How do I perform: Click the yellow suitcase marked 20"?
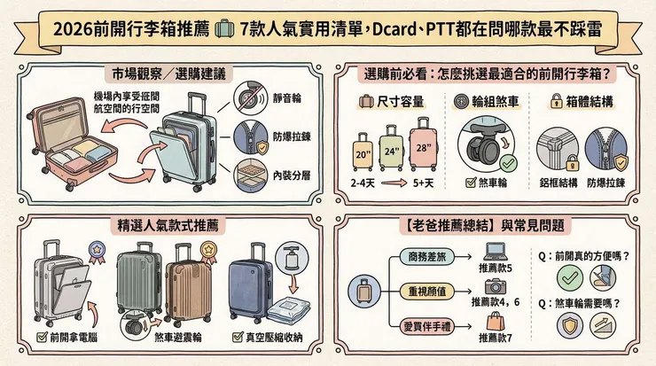[363, 152]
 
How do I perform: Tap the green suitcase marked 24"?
[391, 148]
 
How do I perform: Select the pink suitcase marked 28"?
[423, 144]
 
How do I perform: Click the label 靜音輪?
[287, 98]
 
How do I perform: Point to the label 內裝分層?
[292, 175]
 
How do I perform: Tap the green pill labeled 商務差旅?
[426, 257]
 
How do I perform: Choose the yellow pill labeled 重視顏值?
[426, 292]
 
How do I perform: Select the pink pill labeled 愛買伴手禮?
[426, 326]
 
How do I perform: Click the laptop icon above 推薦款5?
[496, 252]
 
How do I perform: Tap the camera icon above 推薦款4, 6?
[496, 286]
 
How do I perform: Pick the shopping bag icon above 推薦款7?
[496, 321]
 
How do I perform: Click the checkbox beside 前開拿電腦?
[42, 337]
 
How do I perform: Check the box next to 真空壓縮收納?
[238, 337]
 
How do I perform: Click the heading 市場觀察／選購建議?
[168, 74]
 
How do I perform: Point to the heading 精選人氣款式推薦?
[168, 226]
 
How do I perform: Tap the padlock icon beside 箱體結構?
[556, 101]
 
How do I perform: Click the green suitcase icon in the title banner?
[224, 29]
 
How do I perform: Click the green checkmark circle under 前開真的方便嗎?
[570, 277]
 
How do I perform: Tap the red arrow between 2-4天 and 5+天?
[394, 183]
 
